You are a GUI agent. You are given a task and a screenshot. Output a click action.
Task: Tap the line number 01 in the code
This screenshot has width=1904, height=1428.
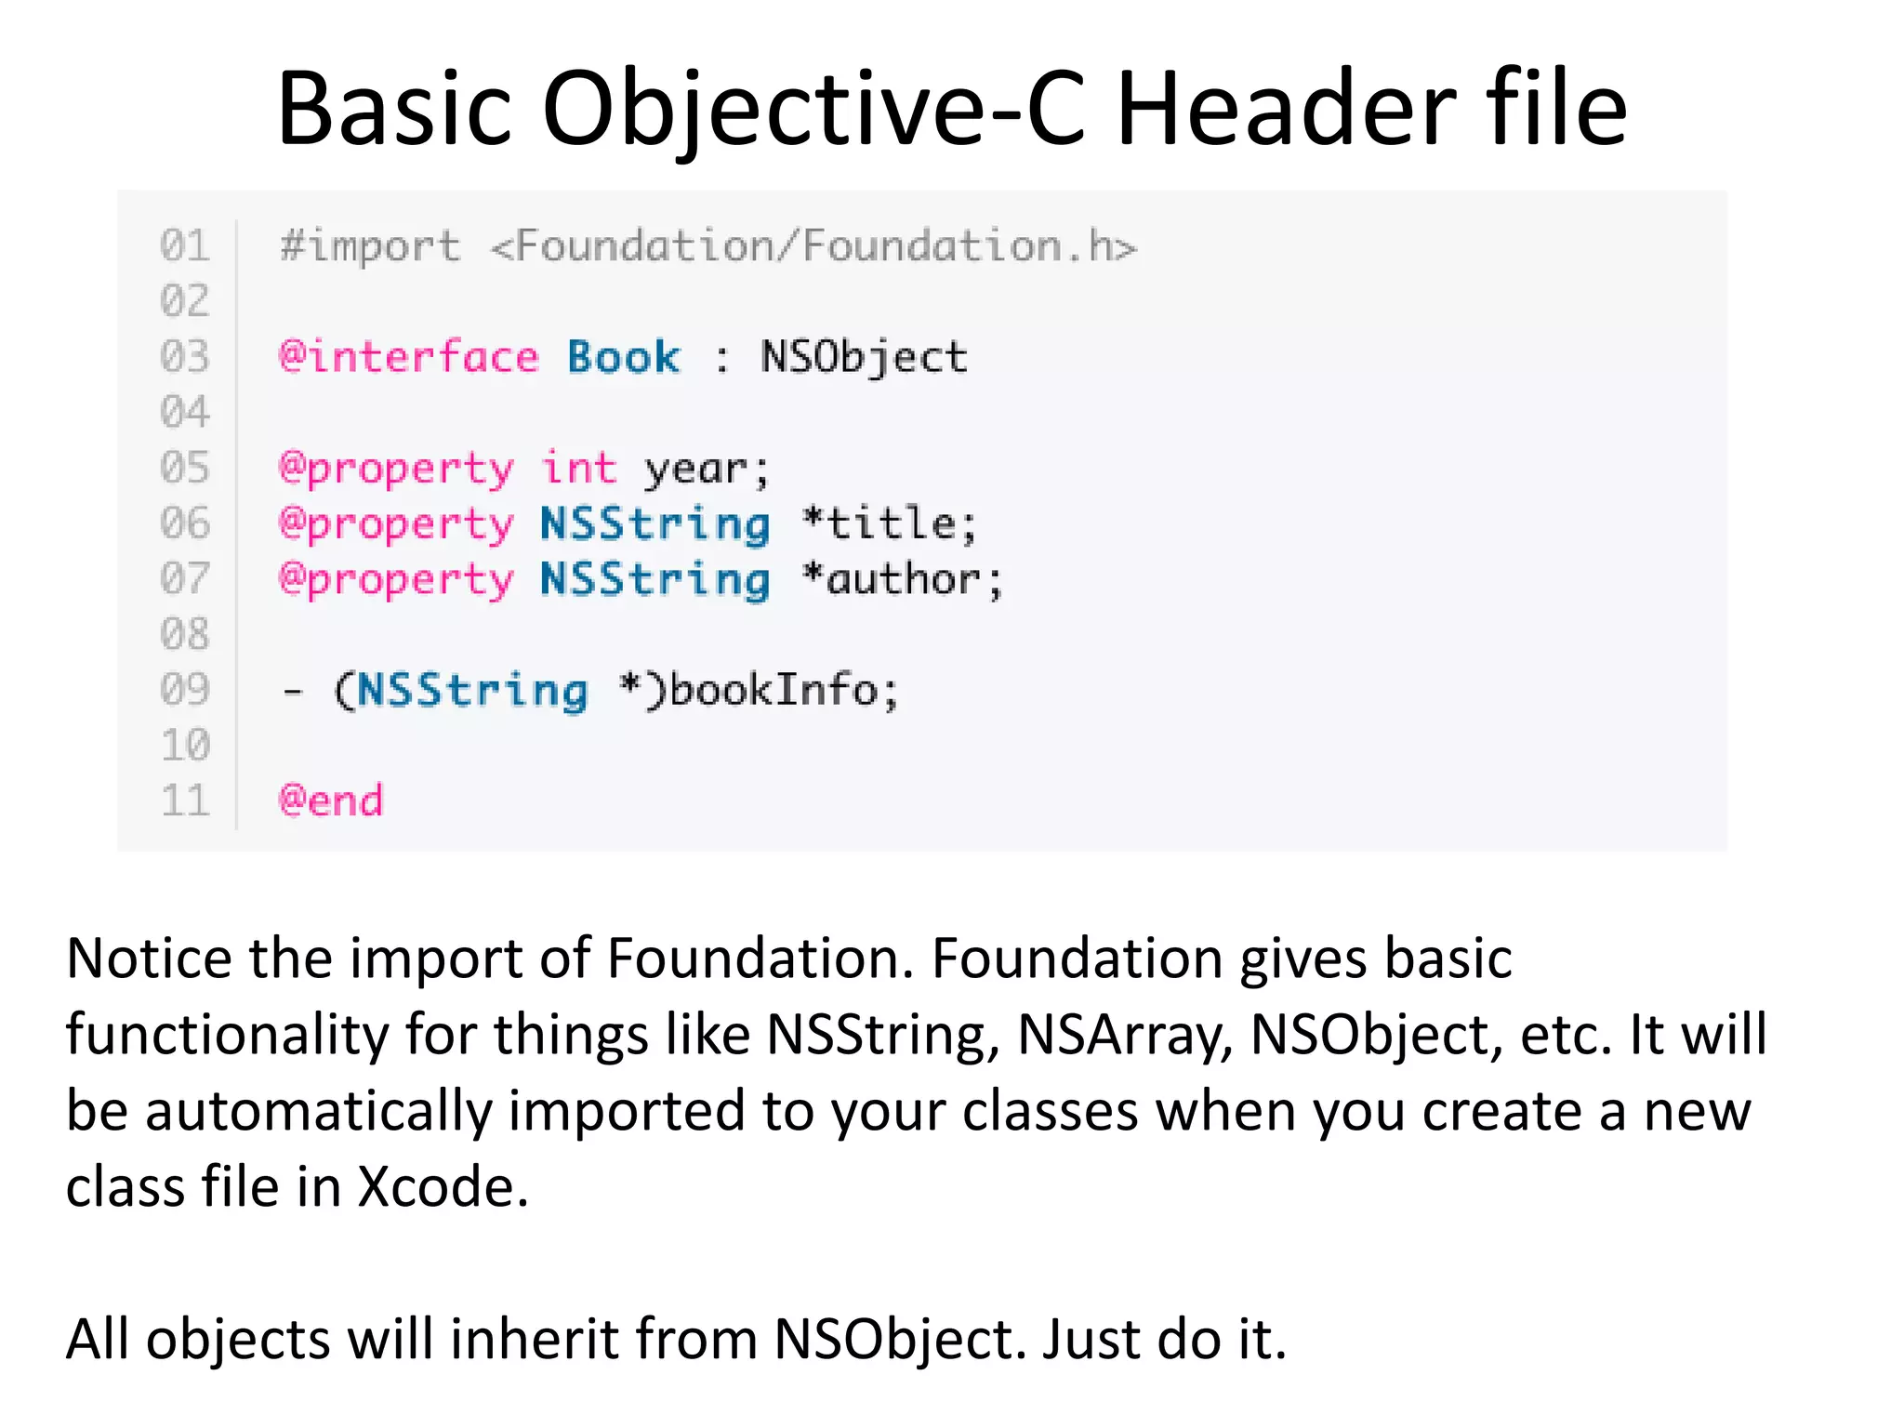tap(185, 246)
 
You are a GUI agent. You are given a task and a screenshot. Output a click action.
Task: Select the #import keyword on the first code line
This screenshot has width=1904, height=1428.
tap(370, 247)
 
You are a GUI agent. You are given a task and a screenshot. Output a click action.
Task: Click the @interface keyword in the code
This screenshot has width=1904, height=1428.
tap(409, 358)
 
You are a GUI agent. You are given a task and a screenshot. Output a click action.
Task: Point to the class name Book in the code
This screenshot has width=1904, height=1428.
tap(623, 358)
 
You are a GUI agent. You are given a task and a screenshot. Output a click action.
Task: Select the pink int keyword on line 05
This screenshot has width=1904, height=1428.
tap(579, 468)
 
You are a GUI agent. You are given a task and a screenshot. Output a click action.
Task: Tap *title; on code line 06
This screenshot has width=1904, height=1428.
tap(890, 523)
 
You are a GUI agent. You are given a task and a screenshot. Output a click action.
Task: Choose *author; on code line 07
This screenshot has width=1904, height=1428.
tap(903, 579)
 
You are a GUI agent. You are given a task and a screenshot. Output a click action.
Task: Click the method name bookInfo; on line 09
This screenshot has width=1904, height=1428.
tap(784, 690)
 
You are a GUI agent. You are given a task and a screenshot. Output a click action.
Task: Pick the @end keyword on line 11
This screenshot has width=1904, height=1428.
tap(331, 800)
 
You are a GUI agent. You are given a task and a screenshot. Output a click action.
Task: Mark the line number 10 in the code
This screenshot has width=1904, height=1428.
tap(185, 746)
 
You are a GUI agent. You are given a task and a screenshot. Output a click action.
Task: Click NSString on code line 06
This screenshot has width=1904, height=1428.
tap(654, 524)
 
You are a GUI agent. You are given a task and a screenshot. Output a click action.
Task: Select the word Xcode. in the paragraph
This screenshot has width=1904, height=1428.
tap(443, 1187)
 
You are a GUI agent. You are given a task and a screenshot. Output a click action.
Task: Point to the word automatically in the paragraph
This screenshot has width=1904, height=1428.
tap(318, 1112)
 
